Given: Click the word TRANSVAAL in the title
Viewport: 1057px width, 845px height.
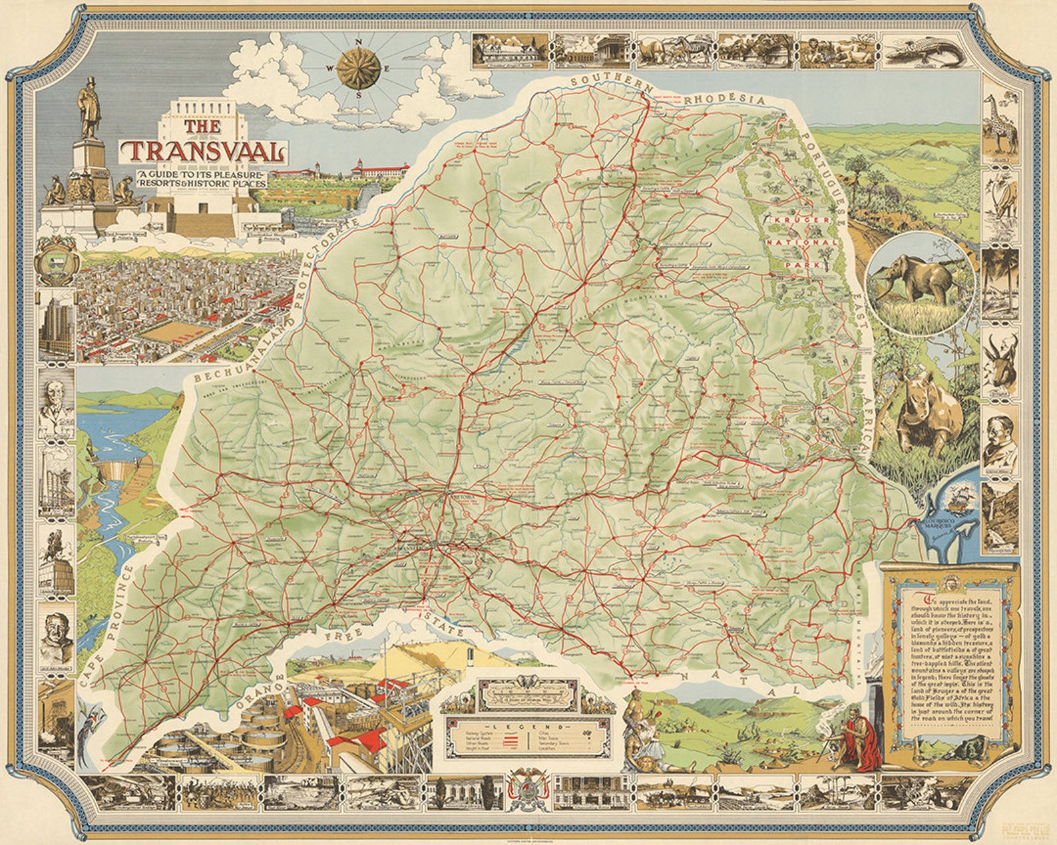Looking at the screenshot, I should tap(204, 152).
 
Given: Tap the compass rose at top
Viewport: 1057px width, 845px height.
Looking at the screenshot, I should tap(359, 68).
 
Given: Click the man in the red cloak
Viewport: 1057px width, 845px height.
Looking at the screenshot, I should tap(858, 745).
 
